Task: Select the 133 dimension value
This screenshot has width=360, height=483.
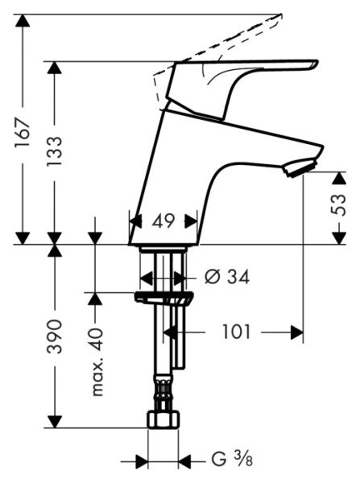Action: pos(55,151)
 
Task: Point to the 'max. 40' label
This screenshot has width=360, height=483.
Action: pos(97,361)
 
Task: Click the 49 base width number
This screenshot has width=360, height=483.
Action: pos(164,220)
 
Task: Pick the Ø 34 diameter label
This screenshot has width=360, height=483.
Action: pos(227,278)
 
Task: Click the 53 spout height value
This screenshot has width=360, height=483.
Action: pos(339,204)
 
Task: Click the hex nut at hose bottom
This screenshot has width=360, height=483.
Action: pos(163,420)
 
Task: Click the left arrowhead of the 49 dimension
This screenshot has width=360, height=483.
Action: pos(135,220)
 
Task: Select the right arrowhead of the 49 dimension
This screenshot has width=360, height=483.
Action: pos(191,220)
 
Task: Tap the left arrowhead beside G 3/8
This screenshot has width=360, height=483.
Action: pos(142,461)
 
